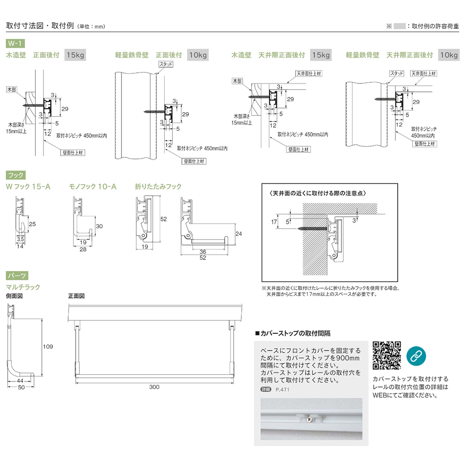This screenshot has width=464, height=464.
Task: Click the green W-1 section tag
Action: tap(15, 43)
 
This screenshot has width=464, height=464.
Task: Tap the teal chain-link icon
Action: tap(416, 355)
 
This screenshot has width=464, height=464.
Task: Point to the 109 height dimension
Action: tap(48, 346)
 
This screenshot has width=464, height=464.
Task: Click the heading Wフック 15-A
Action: tap(28, 187)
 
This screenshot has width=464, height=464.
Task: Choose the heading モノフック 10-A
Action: tap(92, 187)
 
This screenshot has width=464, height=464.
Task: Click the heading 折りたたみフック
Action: tap(158, 187)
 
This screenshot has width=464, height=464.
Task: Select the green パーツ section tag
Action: tap(16, 275)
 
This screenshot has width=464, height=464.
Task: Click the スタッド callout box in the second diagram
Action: tap(165, 64)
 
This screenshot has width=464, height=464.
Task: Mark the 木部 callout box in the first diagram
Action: tap(11, 88)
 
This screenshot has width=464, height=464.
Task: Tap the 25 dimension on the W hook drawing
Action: tap(32, 224)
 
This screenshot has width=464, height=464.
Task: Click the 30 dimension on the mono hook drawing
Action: tap(98, 226)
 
